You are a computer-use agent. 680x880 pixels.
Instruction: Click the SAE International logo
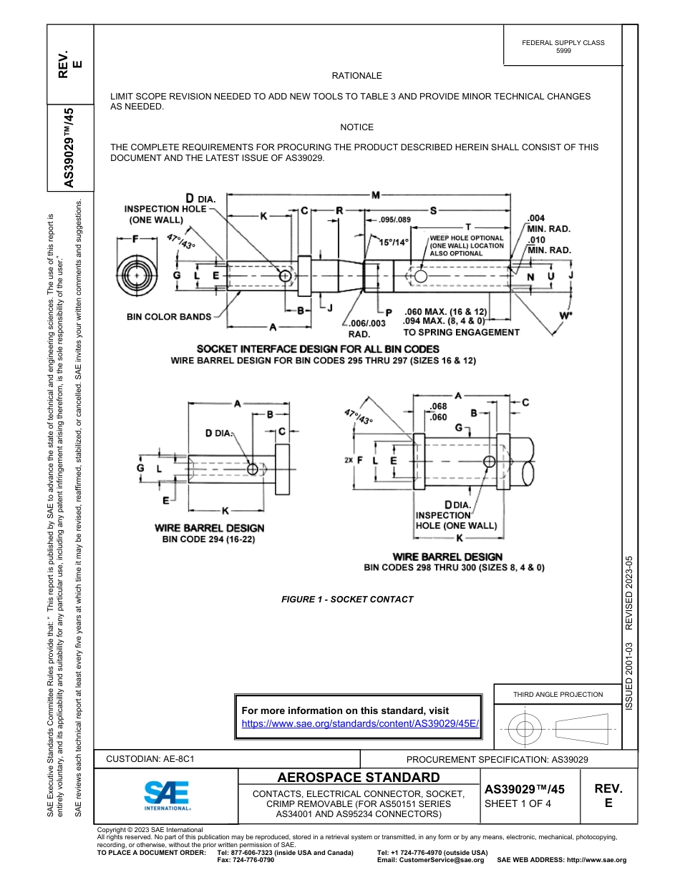click(167, 794)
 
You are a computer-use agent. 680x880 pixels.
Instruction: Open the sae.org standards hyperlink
click(359, 723)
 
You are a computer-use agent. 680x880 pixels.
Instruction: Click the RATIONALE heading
click(356, 76)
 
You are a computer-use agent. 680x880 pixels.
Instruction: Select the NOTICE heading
click(356, 127)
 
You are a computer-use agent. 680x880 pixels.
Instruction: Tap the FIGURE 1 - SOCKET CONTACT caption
click(347, 600)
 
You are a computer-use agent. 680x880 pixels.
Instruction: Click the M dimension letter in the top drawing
click(375, 195)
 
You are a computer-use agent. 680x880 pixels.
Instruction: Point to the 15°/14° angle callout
click(394, 243)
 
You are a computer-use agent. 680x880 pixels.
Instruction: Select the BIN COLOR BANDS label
click(169, 316)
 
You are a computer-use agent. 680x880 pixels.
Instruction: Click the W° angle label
click(566, 316)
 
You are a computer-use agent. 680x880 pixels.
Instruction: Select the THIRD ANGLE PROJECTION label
click(558, 694)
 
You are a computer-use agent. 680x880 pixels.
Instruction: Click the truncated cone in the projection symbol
click(581, 729)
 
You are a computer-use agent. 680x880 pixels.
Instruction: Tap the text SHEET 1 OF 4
click(519, 803)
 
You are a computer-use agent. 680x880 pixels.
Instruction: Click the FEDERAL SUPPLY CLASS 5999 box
click(563, 47)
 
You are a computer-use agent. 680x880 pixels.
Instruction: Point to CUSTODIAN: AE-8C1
click(150, 759)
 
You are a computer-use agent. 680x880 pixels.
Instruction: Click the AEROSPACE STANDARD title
click(359, 778)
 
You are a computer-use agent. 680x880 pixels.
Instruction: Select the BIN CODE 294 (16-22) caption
click(209, 539)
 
